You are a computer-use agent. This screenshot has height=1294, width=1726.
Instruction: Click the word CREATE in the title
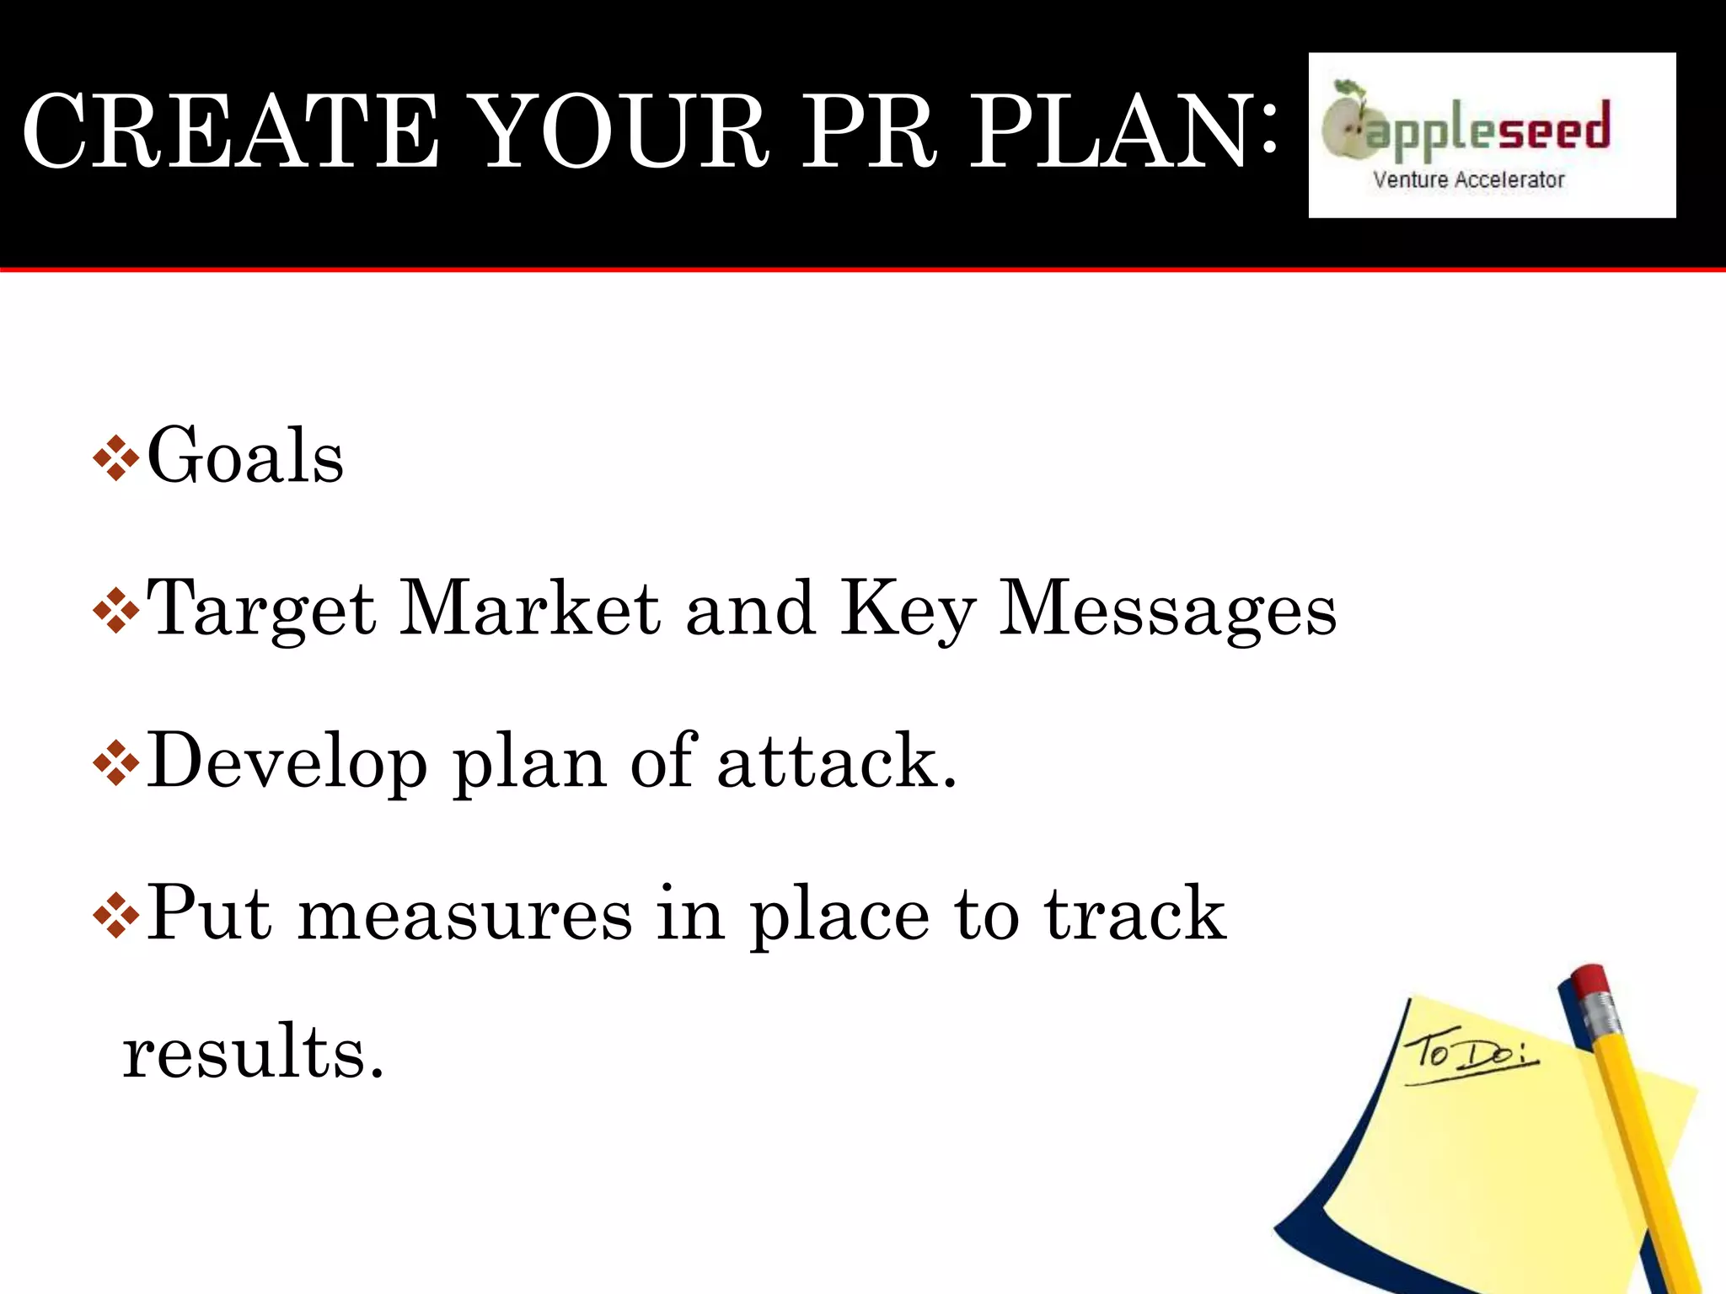(230, 131)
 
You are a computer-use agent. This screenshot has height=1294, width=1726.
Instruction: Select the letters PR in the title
(868, 131)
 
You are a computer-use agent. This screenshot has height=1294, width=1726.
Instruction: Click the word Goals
(245, 456)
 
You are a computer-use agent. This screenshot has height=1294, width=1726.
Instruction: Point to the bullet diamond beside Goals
(116, 458)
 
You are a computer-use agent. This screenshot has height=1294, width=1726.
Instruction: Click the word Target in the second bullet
(261, 610)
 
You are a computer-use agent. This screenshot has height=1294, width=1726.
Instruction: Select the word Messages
(1167, 610)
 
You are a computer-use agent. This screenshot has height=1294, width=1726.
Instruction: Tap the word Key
(909, 610)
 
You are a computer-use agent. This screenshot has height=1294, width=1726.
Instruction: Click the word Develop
(287, 763)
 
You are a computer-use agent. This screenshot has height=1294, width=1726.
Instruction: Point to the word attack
(837, 762)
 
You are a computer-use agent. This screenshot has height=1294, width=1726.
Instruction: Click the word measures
(464, 916)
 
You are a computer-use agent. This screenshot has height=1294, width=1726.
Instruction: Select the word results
(253, 1052)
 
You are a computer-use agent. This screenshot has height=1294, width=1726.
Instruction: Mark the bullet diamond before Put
(116, 917)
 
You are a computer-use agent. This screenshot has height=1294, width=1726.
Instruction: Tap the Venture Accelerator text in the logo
(1468, 179)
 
